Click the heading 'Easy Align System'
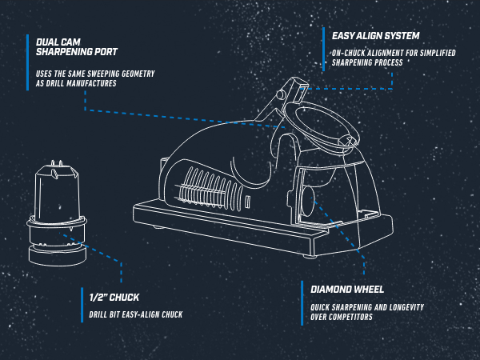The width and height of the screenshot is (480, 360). [x=376, y=36]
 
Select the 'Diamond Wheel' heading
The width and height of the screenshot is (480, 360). [x=347, y=290]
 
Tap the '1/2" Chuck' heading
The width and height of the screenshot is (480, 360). [x=114, y=298]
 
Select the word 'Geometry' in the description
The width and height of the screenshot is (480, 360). [x=138, y=74]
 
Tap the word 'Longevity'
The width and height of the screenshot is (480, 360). [x=407, y=307]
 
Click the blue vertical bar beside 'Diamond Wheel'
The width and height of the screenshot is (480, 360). [x=302, y=303]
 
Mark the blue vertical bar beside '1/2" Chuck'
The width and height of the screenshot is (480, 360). [x=82, y=305]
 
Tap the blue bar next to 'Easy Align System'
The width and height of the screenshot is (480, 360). [x=323, y=50]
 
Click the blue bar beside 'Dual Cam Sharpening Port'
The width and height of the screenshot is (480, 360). [x=27, y=62]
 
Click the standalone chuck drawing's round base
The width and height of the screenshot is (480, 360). [x=58, y=255]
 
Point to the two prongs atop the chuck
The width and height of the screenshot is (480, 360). [x=57, y=164]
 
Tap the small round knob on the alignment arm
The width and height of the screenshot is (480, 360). [x=280, y=94]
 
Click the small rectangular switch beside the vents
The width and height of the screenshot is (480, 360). [x=247, y=202]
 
